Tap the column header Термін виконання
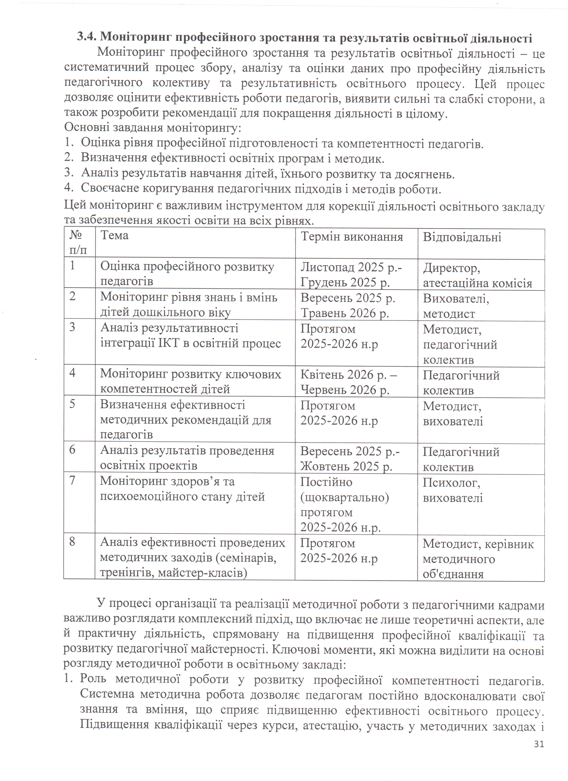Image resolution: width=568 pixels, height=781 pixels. tap(352, 237)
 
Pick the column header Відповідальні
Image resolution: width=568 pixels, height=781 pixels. tap(462, 237)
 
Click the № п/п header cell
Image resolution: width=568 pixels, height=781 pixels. tap(78, 242)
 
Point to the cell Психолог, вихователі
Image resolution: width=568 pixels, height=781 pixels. tap(452, 490)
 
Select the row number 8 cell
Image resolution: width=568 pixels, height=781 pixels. tap(72, 542)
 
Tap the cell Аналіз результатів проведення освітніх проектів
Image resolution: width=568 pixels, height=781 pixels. tap(187, 458)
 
